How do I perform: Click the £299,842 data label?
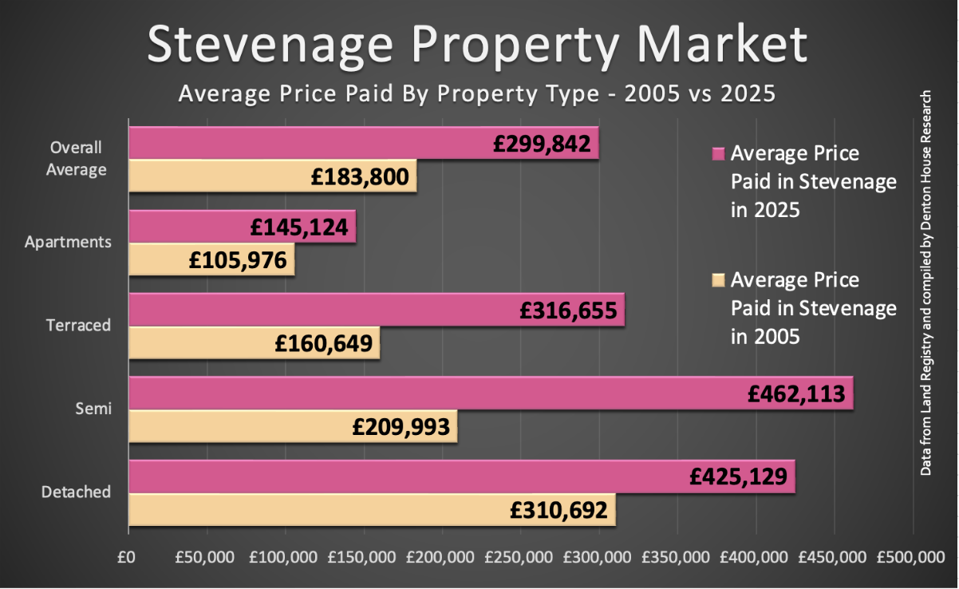(542, 144)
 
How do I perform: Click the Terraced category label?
(78, 326)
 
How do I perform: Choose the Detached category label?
(76, 492)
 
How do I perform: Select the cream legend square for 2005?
(716, 280)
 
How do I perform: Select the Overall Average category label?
(77, 159)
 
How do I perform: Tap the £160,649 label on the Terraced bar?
(323, 344)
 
